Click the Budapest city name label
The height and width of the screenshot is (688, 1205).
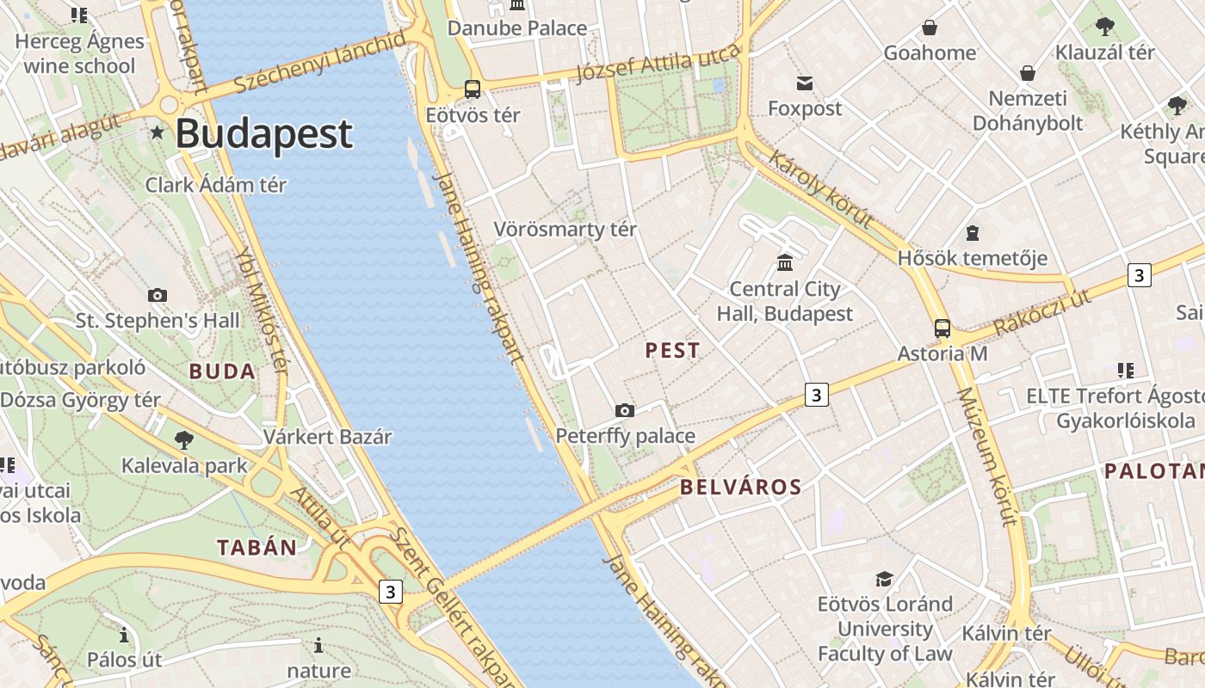pyautogui.click(x=264, y=134)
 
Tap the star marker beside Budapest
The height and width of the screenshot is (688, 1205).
pyautogui.click(x=157, y=132)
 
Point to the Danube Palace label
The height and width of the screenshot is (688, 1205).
pyautogui.click(x=517, y=28)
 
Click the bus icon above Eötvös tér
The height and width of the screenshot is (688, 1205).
pyautogui.click(x=472, y=89)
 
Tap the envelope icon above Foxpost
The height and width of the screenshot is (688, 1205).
pyautogui.click(x=805, y=83)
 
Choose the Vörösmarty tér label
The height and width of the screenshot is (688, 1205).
pyautogui.click(x=565, y=230)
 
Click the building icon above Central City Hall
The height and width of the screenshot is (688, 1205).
pyautogui.click(x=785, y=262)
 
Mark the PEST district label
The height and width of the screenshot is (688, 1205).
pyautogui.click(x=672, y=351)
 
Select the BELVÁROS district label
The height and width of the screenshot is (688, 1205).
pyautogui.click(x=740, y=488)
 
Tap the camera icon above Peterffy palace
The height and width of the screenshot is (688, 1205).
pyautogui.click(x=625, y=411)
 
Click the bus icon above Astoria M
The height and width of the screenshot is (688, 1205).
pyautogui.click(x=942, y=328)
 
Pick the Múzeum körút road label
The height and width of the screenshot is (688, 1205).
pyautogui.click(x=987, y=457)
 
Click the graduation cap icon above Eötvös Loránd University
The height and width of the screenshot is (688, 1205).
pyautogui.click(x=884, y=579)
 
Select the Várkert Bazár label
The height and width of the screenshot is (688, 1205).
pyautogui.click(x=327, y=437)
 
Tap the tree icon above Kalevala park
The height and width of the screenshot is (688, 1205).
pyautogui.click(x=183, y=440)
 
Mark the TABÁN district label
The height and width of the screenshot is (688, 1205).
pyautogui.click(x=256, y=548)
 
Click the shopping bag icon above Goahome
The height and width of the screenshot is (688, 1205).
pyautogui.click(x=930, y=28)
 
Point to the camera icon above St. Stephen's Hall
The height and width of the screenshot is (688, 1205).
pyautogui.click(x=158, y=295)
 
